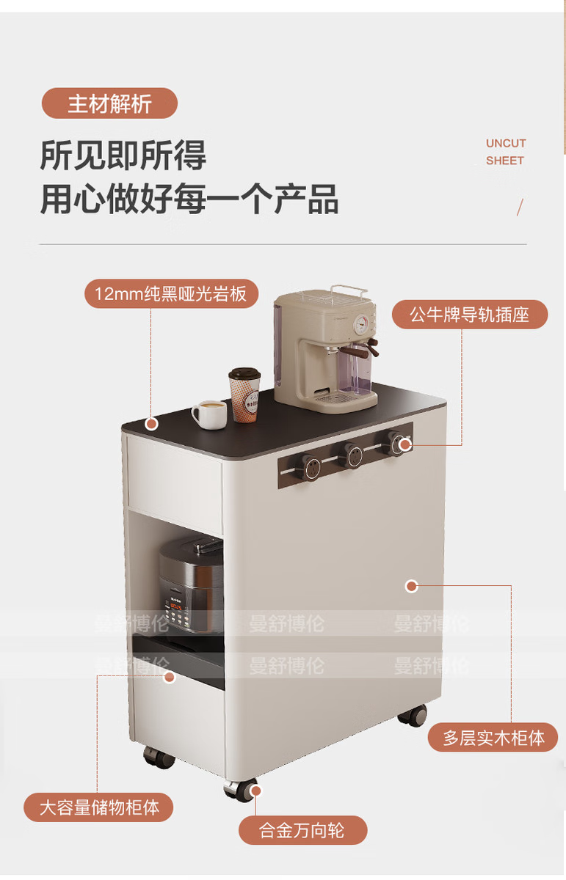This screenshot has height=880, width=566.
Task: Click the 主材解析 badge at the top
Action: (109, 103)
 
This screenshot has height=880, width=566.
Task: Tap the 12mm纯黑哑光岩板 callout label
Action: (171, 294)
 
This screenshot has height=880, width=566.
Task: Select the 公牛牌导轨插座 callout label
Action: (469, 315)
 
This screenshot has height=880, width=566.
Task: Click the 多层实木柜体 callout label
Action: (493, 737)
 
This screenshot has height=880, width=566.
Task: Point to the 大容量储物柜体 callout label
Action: (99, 807)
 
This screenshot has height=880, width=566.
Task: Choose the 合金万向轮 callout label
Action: (302, 831)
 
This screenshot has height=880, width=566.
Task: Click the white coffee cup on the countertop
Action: (210, 414)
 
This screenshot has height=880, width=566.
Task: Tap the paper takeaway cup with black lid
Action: (245, 395)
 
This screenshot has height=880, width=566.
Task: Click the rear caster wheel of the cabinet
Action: (414, 715)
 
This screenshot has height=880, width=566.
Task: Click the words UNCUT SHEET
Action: (505, 152)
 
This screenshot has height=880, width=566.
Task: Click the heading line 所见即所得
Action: (123, 155)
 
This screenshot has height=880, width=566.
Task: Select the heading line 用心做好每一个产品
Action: (189, 199)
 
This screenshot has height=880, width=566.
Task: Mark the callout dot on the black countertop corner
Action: (152, 423)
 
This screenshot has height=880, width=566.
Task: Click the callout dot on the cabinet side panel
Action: (412, 585)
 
